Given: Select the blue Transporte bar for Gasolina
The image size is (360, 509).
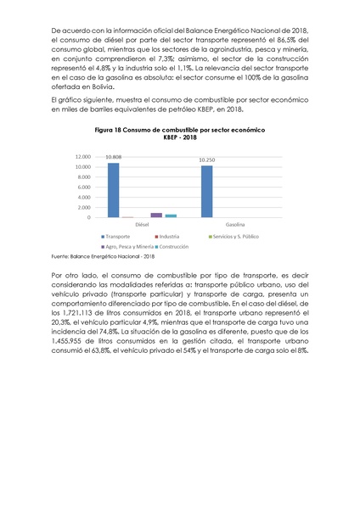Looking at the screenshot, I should (x=207, y=192).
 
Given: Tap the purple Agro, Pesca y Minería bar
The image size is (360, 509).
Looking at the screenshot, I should (x=156, y=215).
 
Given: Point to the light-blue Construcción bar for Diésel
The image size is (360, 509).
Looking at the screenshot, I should (x=171, y=215).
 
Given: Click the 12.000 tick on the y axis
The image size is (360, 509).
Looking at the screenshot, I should (x=83, y=157).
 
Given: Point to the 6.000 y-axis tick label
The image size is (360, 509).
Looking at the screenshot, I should (x=85, y=187).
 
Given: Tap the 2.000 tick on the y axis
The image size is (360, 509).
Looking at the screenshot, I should (x=85, y=208).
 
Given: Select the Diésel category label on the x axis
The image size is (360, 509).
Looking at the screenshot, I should (x=142, y=225).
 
